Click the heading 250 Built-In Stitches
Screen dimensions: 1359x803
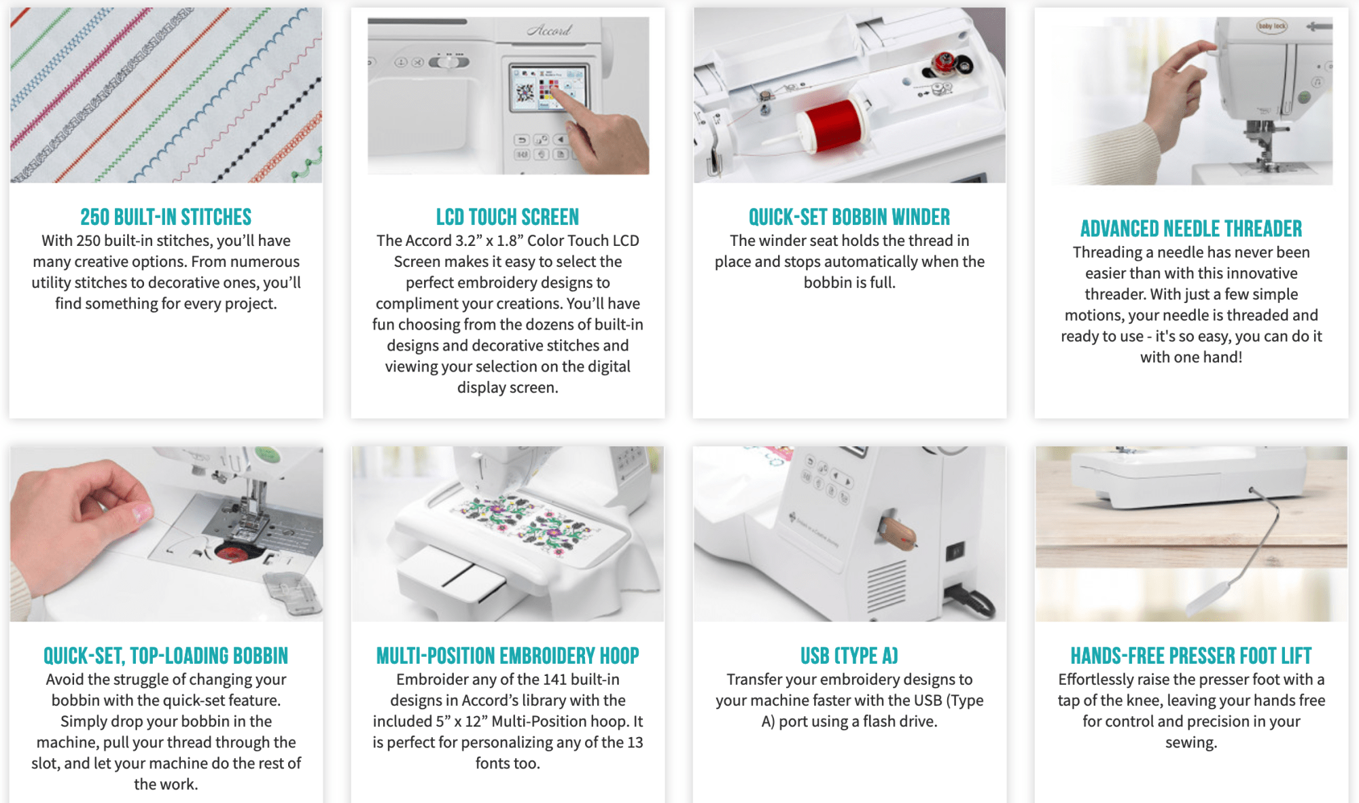coord(166,217)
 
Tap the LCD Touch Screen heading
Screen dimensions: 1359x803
coord(508,217)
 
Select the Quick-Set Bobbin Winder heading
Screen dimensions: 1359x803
coord(849,217)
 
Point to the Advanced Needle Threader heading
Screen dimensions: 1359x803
coord(1191,228)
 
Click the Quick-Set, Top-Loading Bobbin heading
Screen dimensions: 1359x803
coord(166,656)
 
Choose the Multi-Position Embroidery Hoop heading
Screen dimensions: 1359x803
coord(508,656)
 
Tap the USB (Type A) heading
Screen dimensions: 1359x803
coord(849,656)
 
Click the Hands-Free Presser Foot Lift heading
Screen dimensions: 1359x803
coord(1191,656)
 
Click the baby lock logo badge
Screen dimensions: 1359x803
coord(1271,26)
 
